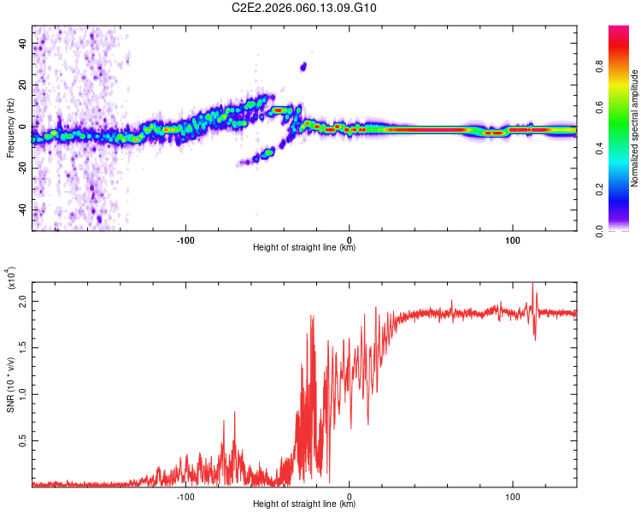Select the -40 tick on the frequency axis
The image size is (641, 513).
tap(24, 210)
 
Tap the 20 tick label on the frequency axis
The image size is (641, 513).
tap(24, 85)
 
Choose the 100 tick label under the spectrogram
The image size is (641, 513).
tap(513, 239)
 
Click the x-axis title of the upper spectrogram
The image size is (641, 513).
tap(304, 248)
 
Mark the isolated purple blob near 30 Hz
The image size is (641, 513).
tap(303, 66)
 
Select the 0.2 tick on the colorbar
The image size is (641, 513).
tap(621, 189)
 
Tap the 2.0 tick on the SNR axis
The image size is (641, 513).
tap(24, 303)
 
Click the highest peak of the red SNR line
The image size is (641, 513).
tap(534, 285)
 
